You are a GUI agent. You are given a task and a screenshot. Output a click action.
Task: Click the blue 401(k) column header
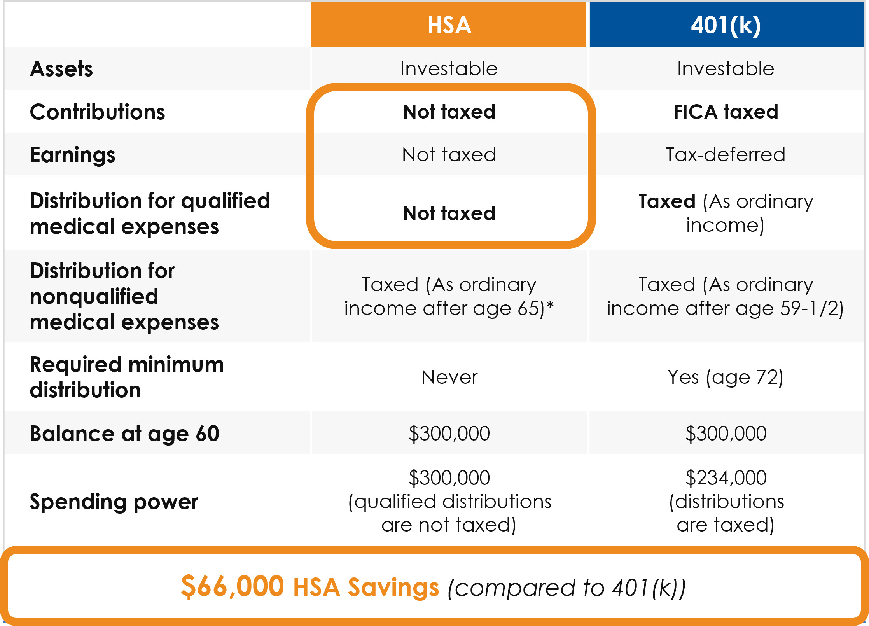point(726,24)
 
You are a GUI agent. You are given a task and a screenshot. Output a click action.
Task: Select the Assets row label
point(61,69)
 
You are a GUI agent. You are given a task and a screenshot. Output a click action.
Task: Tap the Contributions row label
point(98,112)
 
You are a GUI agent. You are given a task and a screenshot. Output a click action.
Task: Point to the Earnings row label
point(73,155)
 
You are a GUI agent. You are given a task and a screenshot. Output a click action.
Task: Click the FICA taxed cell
point(726,112)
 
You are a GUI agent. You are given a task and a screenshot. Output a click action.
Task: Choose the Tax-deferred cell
point(726,155)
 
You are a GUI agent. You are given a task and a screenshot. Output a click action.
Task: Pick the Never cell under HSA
point(449,377)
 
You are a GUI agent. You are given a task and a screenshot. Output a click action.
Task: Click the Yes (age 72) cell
point(726,378)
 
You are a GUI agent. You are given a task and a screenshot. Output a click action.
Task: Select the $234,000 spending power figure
point(726,478)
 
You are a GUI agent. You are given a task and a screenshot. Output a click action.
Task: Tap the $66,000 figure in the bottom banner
point(233,586)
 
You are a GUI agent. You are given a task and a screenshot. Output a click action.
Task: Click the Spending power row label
point(114,502)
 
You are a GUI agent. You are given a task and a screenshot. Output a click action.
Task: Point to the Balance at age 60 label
point(125,434)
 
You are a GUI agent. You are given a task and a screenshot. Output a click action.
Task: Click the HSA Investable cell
point(449,69)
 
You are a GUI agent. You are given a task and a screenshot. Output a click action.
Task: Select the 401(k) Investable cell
point(726,69)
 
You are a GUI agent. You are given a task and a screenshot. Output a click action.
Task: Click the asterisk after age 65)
point(550,306)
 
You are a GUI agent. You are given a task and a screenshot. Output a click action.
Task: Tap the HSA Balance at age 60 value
point(449,434)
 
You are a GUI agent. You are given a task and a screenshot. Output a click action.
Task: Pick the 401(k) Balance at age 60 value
point(726,434)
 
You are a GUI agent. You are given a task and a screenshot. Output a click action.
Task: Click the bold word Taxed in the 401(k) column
point(667,201)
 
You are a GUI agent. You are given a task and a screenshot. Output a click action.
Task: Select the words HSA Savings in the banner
point(366,587)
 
